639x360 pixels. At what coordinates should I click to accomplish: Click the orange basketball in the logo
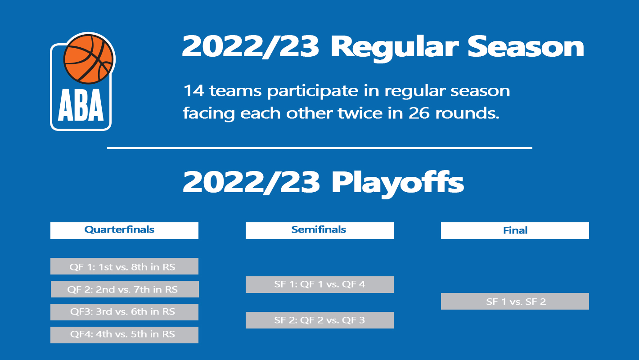(x=89, y=59)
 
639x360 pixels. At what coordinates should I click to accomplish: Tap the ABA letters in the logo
(x=81, y=105)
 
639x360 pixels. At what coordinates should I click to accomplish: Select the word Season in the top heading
(x=526, y=47)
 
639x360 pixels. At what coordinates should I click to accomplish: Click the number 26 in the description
(x=419, y=113)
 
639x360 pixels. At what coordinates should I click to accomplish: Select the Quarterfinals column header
(x=124, y=230)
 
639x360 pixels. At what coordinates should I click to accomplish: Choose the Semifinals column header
(x=319, y=230)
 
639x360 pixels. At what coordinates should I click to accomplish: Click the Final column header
(x=515, y=230)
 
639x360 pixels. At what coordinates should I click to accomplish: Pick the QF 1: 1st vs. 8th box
(x=124, y=266)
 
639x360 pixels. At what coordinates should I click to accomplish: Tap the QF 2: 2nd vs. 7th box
(x=125, y=289)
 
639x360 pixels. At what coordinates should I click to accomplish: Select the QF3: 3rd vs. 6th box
(x=124, y=312)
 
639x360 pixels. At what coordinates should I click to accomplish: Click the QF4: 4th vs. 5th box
(x=124, y=335)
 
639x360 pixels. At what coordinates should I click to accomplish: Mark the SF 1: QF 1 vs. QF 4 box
(x=319, y=284)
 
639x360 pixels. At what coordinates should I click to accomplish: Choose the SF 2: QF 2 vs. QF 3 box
(x=319, y=320)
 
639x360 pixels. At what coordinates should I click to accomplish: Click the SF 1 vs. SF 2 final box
(x=515, y=301)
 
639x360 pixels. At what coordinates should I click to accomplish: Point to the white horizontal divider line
(x=320, y=148)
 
